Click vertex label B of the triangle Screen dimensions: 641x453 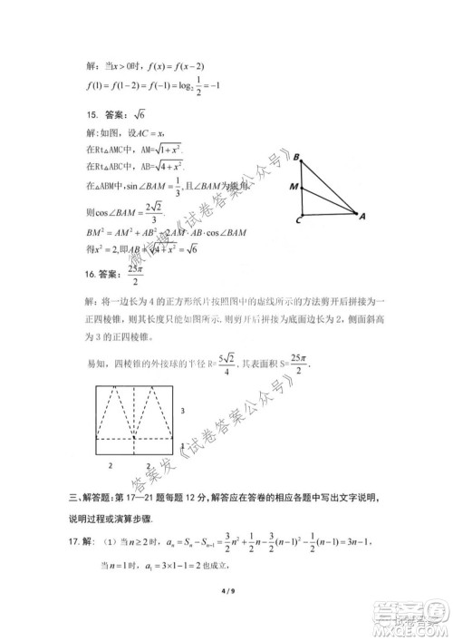click(x=296, y=157)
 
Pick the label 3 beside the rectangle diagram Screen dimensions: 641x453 click(x=183, y=412)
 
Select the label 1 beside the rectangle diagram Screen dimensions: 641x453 click(x=183, y=445)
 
